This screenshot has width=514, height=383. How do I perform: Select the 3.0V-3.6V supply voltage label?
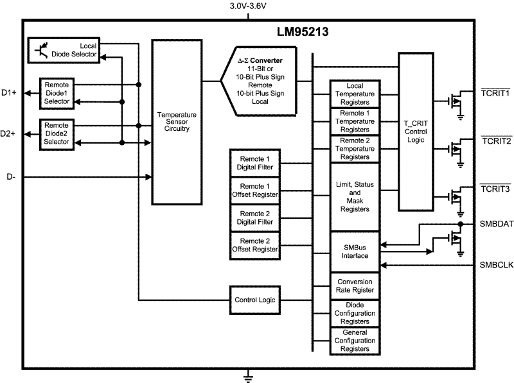(x=247, y=6)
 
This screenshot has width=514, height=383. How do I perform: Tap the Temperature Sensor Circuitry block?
(x=176, y=122)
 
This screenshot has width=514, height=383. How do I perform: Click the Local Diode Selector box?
(x=64, y=51)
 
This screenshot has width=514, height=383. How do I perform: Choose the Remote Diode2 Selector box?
(x=57, y=133)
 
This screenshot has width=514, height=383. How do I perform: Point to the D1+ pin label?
(x=9, y=93)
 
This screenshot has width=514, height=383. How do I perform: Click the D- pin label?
(x=11, y=176)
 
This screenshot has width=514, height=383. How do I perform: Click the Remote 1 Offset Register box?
(x=255, y=190)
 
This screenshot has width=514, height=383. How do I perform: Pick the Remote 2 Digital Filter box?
(x=255, y=217)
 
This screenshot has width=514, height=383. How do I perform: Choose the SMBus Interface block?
(x=355, y=251)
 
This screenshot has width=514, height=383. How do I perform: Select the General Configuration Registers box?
(x=355, y=341)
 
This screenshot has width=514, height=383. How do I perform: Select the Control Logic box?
(x=255, y=300)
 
